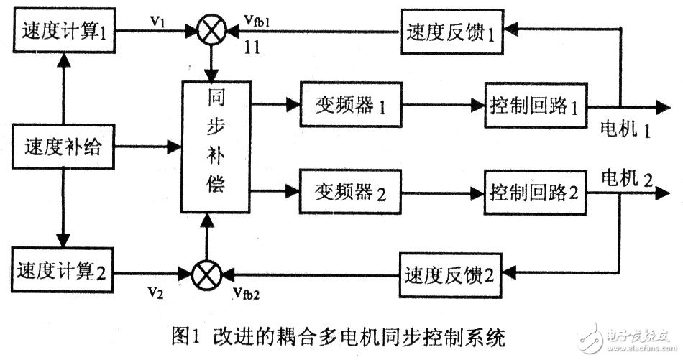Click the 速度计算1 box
(x=65, y=32)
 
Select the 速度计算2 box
(x=65, y=274)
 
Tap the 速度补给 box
(x=65, y=149)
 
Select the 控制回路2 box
(x=534, y=193)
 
